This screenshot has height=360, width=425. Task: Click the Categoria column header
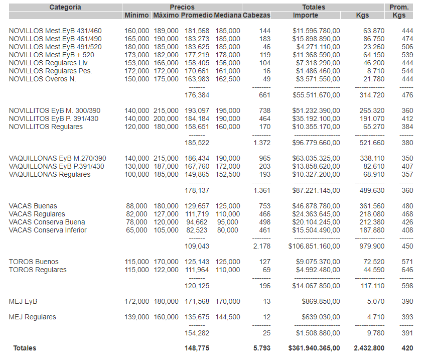coord(65,8)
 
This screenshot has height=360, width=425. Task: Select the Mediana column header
coord(227,16)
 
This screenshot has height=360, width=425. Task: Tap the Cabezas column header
coord(256,16)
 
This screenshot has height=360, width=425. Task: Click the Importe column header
coord(305,16)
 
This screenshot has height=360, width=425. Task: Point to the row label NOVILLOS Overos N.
coord(43,79)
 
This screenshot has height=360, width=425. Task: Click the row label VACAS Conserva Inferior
coord(48,230)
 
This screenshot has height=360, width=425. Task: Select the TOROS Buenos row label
coord(34,262)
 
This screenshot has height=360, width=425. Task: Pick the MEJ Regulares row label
coord(33,317)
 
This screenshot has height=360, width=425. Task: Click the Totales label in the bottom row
coord(25,348)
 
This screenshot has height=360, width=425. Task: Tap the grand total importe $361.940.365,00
coord(314,348)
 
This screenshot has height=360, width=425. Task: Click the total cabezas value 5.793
coord(262,348)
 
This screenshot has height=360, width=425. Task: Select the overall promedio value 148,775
coord(197,348)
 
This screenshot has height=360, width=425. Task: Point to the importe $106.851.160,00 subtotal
coord(314,247)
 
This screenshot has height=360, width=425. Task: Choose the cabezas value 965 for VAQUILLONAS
coord(264,159)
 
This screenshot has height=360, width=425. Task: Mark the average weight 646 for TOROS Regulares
coord(407,270)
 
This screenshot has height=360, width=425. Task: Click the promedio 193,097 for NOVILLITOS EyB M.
coord(197,111)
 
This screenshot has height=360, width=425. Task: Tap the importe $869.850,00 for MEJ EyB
coord(321,302)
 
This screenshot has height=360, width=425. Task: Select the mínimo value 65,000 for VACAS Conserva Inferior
coord(136,230)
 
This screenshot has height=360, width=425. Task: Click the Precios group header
coord(182,8)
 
